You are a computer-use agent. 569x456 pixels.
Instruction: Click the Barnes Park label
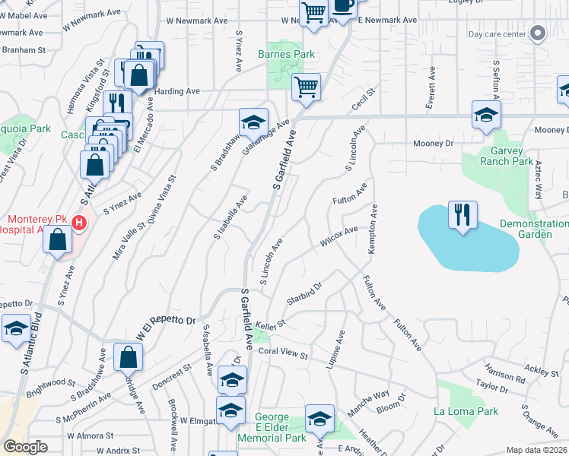tap(286, 55)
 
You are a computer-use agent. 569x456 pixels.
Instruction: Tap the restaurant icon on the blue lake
tap(463, 215)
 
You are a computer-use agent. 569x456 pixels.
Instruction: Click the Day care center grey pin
tap(539, 33)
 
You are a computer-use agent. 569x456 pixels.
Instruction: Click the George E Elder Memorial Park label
tap(272, 428)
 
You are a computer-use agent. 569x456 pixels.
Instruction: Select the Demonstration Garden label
tap(534, 229)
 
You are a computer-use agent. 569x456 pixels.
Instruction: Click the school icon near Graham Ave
tap(253, 122)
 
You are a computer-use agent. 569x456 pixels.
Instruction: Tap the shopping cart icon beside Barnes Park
tap(306, 87)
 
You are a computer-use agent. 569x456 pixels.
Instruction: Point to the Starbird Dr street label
tap(304, 293)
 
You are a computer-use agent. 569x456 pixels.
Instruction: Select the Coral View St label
tap(282, 354)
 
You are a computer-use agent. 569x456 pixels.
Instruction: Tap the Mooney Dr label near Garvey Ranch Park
tap(433, 143)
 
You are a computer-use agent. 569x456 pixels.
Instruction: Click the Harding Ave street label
tap(176, 91)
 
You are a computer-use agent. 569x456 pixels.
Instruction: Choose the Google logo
tap(25, 447)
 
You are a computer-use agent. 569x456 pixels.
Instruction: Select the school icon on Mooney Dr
tap(485, 116)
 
